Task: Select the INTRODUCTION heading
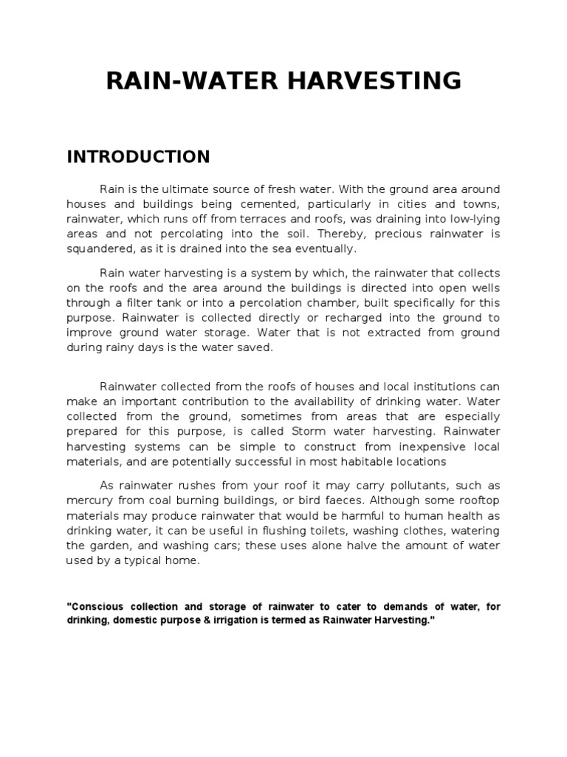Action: (139, 157)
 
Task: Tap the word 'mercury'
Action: (90, 501)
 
